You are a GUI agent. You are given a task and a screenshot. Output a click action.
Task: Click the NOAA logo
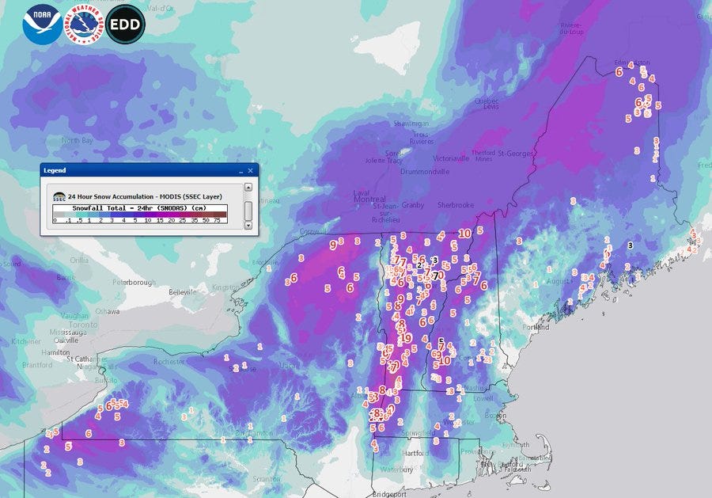(x=40, y=25)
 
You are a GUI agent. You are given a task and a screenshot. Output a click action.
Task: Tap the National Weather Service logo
(x=82, y=25)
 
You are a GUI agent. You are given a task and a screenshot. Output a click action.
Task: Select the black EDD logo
(x=125, y=25)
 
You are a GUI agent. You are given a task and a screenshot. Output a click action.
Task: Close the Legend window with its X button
(x=251, y=170)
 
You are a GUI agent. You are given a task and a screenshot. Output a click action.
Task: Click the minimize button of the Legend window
(x=240, y=170)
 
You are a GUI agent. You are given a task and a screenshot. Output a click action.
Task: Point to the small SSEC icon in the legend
(x=59, y=196)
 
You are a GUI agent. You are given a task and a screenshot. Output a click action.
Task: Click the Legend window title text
(x=55, y=170)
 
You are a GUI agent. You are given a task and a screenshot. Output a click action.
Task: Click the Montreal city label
(x=369, y=199)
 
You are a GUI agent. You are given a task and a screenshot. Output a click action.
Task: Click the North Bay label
(x=77, y=140)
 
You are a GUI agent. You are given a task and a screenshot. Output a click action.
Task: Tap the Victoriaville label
(x=451, y=158)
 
